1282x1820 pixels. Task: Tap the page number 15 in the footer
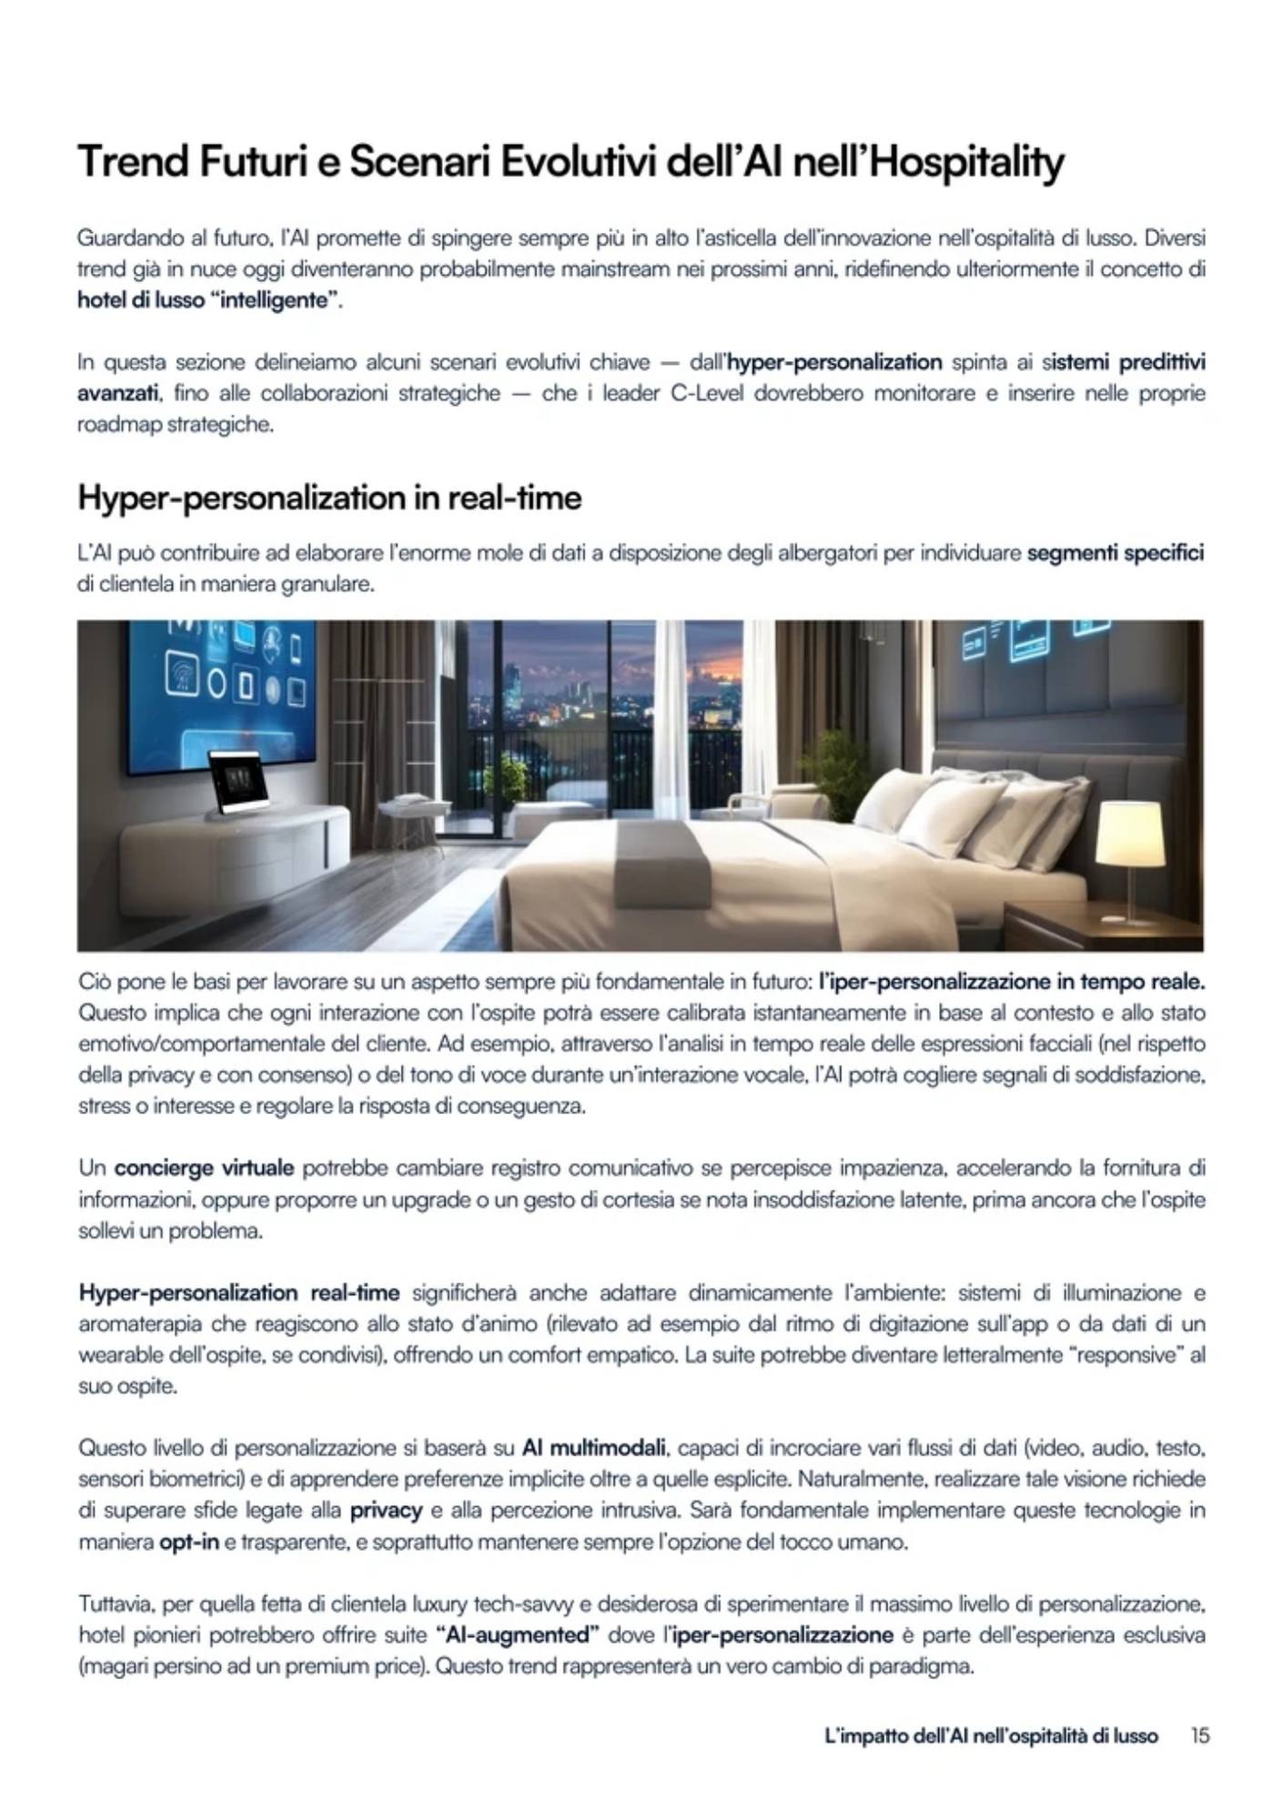point(1200,1735)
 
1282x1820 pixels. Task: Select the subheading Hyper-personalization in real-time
point(329,498)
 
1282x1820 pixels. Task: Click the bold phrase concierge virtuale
point(204,1168)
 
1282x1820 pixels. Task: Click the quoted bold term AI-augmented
point(517,1635)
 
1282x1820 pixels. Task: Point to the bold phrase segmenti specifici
point(1115,552)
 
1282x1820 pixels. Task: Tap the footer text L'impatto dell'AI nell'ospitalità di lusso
point(991,1735)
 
